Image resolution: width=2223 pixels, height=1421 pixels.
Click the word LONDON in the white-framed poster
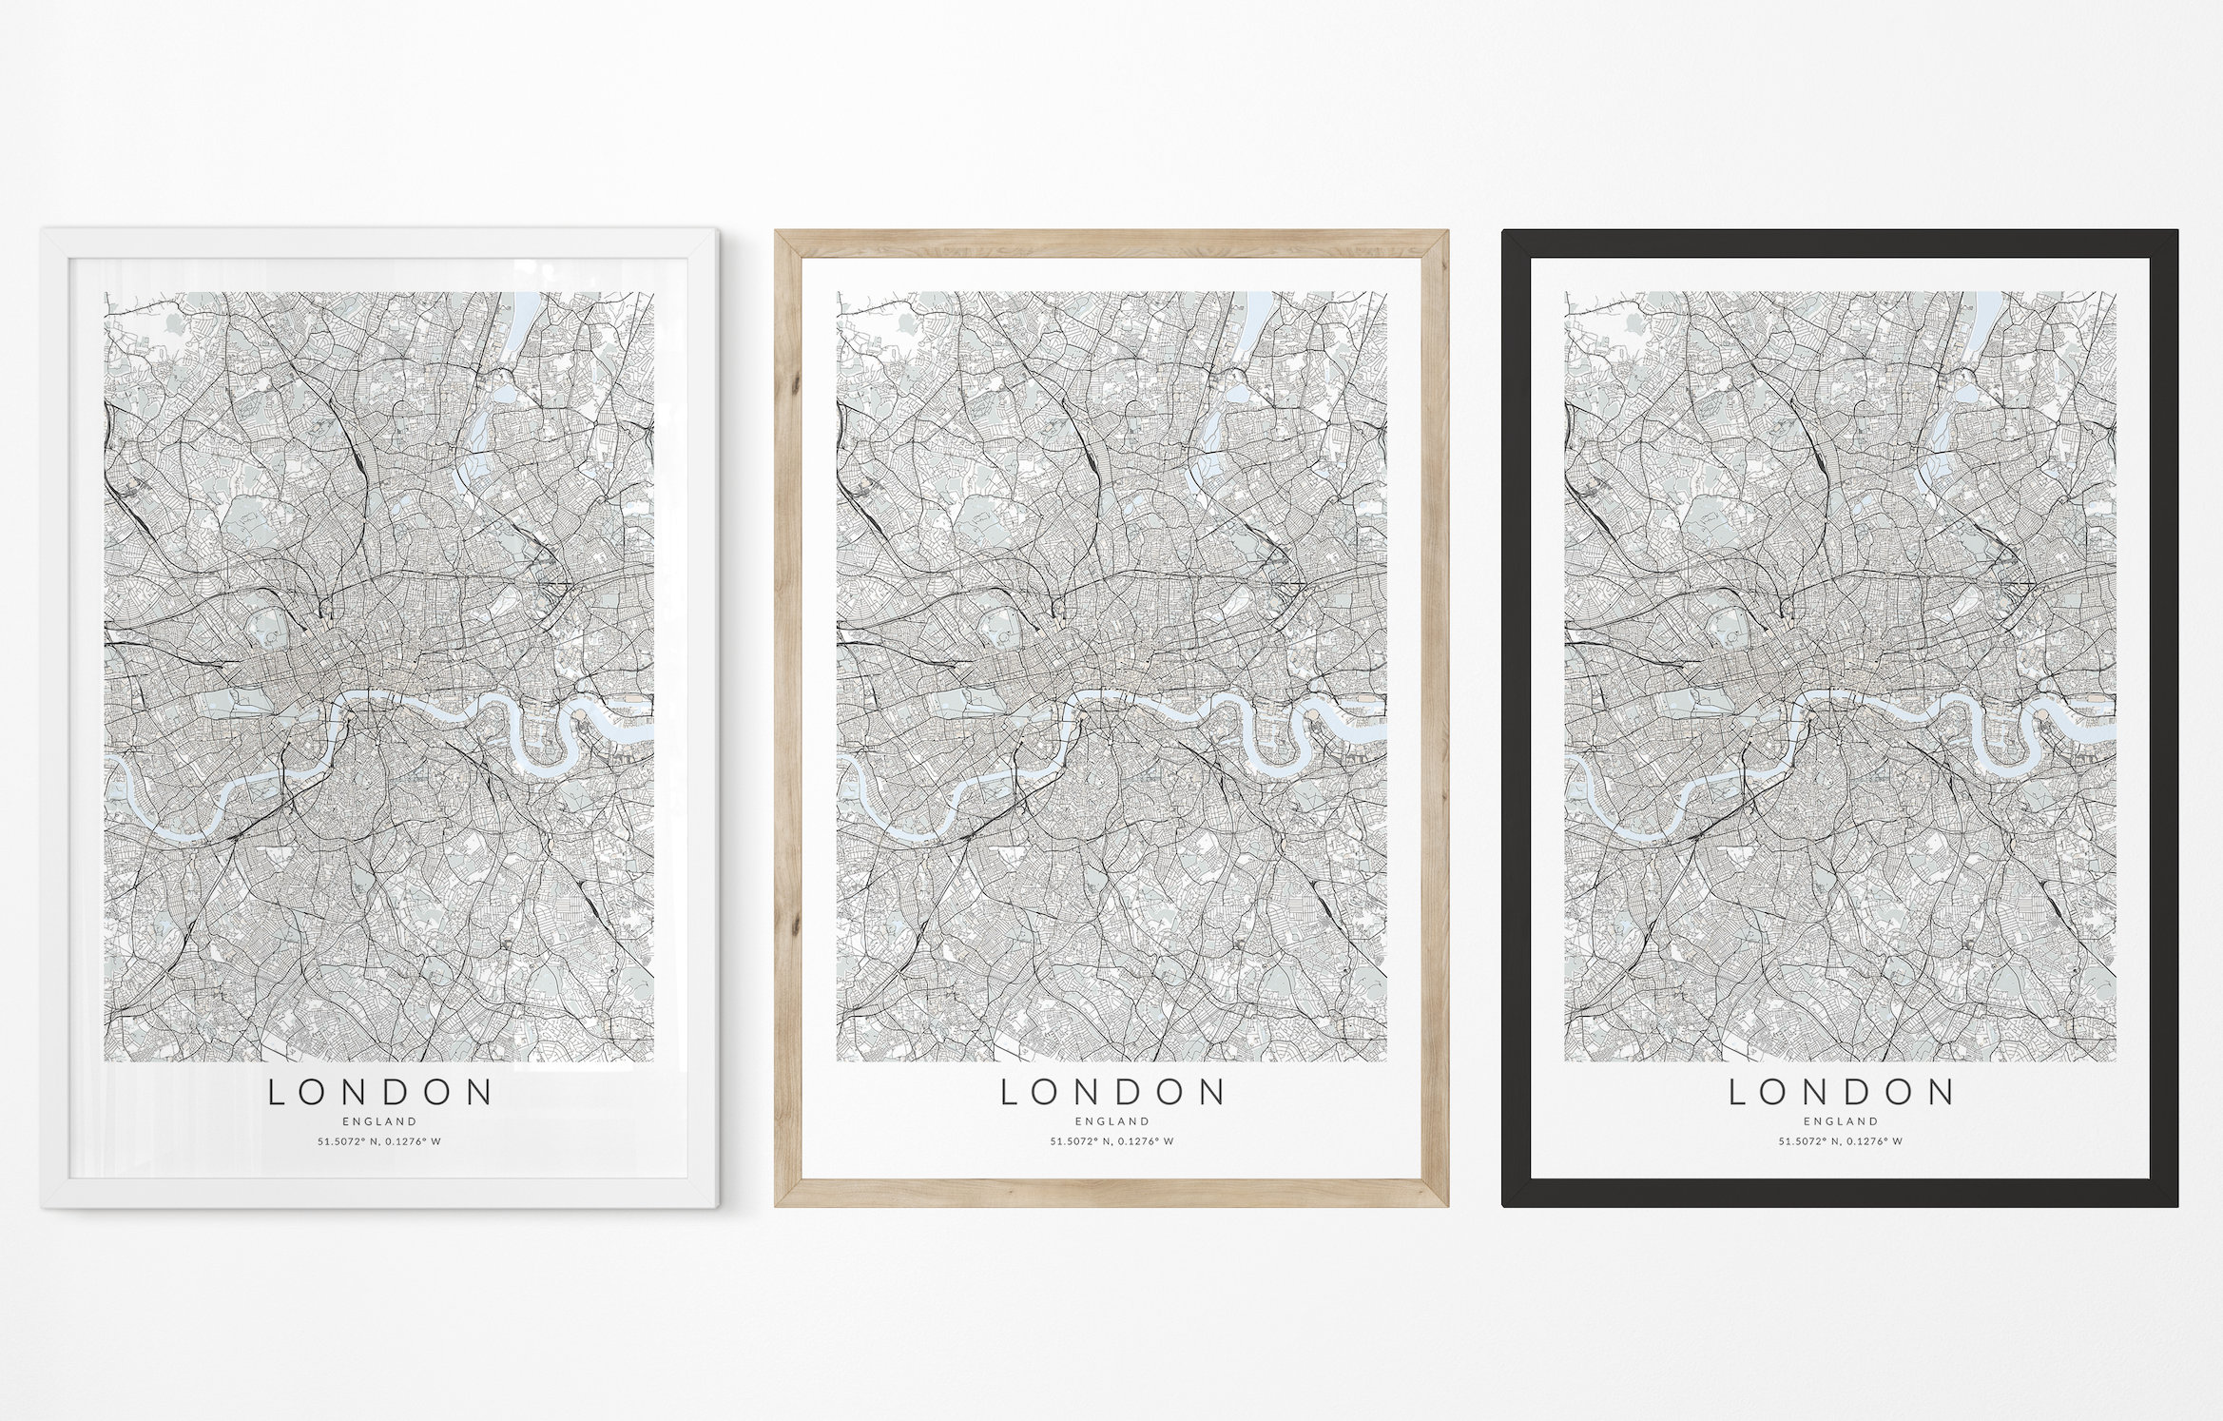(380, 1093)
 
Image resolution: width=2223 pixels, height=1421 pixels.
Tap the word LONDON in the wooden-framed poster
(1111, 1093)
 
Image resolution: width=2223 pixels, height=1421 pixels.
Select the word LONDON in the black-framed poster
(1841, 1093)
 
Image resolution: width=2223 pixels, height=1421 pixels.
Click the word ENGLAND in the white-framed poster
(380, 1121)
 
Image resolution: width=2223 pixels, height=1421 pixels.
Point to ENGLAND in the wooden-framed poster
(1111, 1121)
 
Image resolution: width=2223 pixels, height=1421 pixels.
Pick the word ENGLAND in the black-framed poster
(1841, 1121)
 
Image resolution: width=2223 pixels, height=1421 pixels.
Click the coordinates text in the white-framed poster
(380, 1141)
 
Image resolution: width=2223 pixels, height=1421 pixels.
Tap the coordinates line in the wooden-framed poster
(1111, 1141)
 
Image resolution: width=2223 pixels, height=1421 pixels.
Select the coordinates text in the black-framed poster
(1841, 1141)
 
